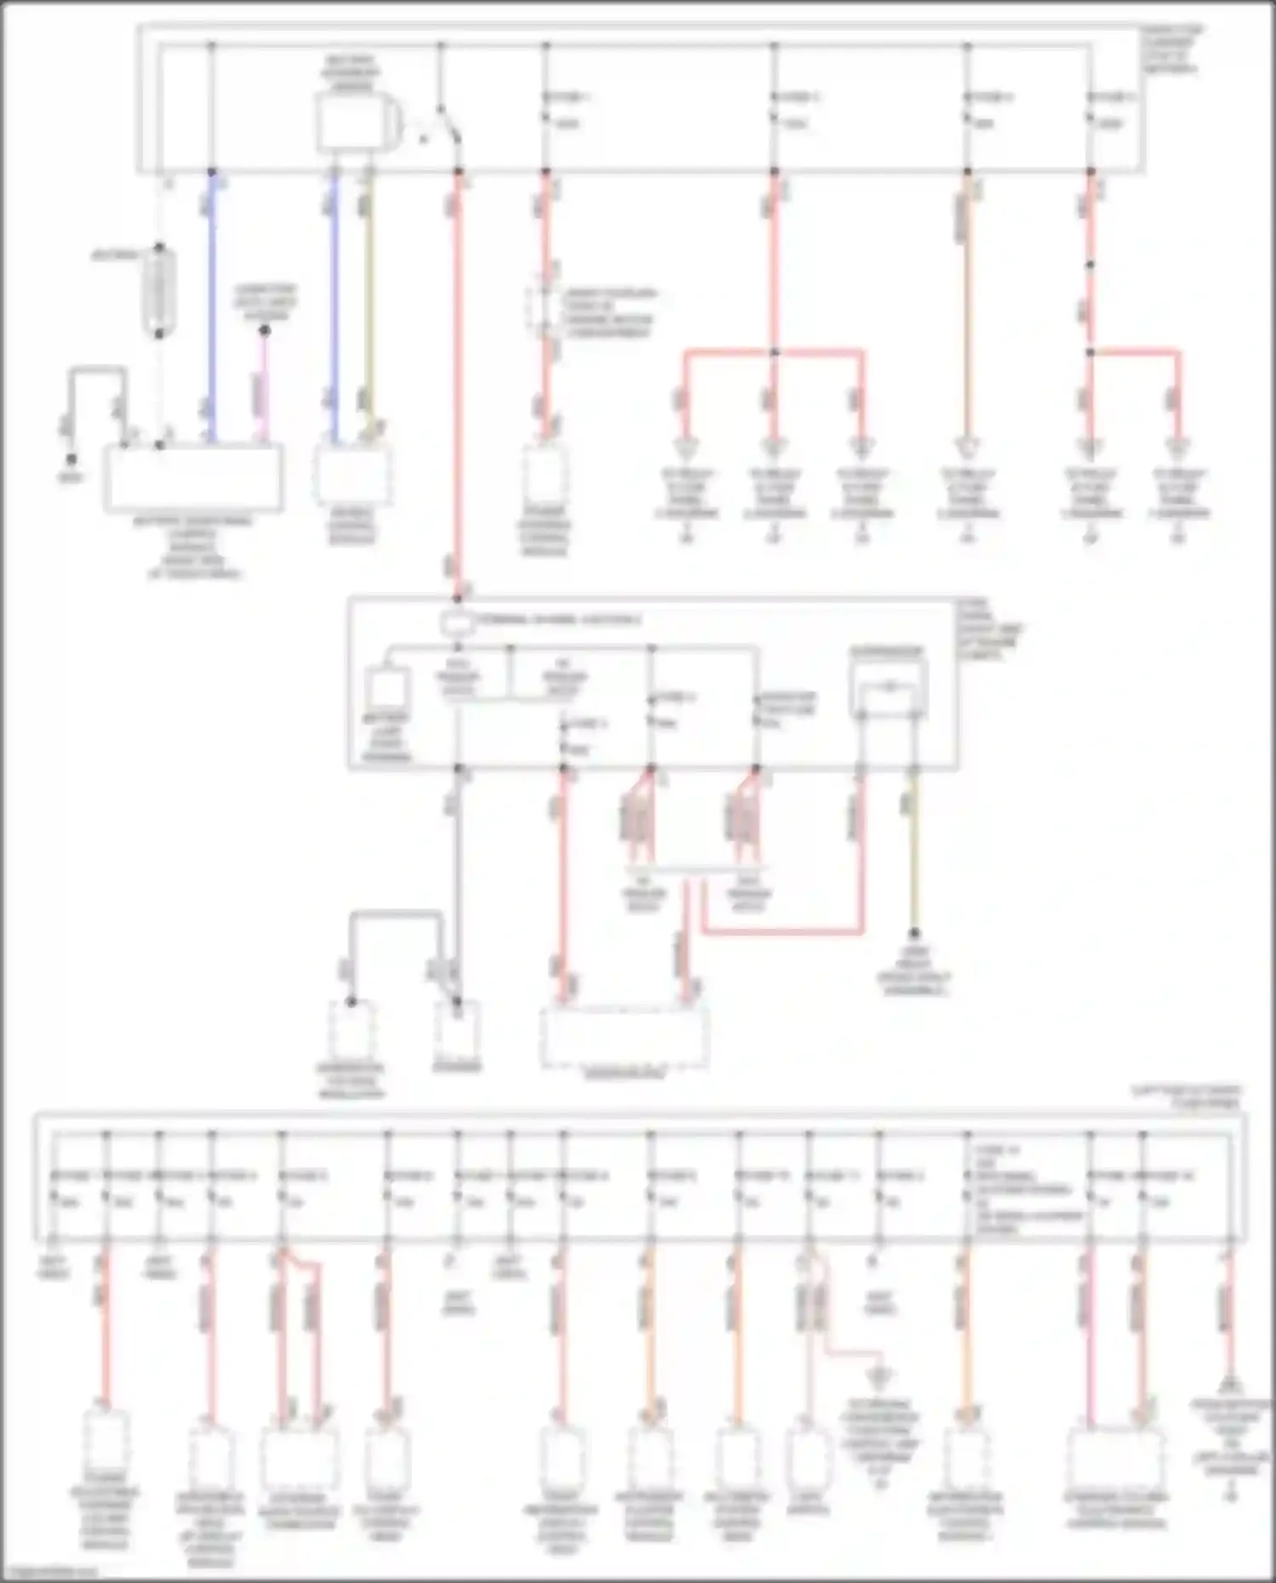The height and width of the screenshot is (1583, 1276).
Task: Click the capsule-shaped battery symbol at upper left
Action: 159,291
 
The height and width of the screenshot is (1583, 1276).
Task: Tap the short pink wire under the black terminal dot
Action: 264,387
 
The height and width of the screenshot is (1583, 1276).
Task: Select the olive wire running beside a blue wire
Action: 368,306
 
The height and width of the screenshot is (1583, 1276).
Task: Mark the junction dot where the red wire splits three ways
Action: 774,351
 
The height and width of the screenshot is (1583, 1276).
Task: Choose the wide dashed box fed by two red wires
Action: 625,1037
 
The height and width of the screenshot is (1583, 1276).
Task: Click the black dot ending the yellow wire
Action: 914,933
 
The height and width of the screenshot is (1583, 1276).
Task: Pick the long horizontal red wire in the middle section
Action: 783,932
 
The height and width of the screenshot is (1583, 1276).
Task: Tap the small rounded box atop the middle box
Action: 457,623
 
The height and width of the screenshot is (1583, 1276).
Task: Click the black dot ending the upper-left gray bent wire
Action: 71,459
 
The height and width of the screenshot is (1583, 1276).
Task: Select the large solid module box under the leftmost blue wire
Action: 194,478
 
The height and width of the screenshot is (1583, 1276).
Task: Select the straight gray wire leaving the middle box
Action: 458,885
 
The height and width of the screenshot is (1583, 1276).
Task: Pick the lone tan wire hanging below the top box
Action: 967,306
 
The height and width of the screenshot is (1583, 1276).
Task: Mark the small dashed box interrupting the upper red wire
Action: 545,308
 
